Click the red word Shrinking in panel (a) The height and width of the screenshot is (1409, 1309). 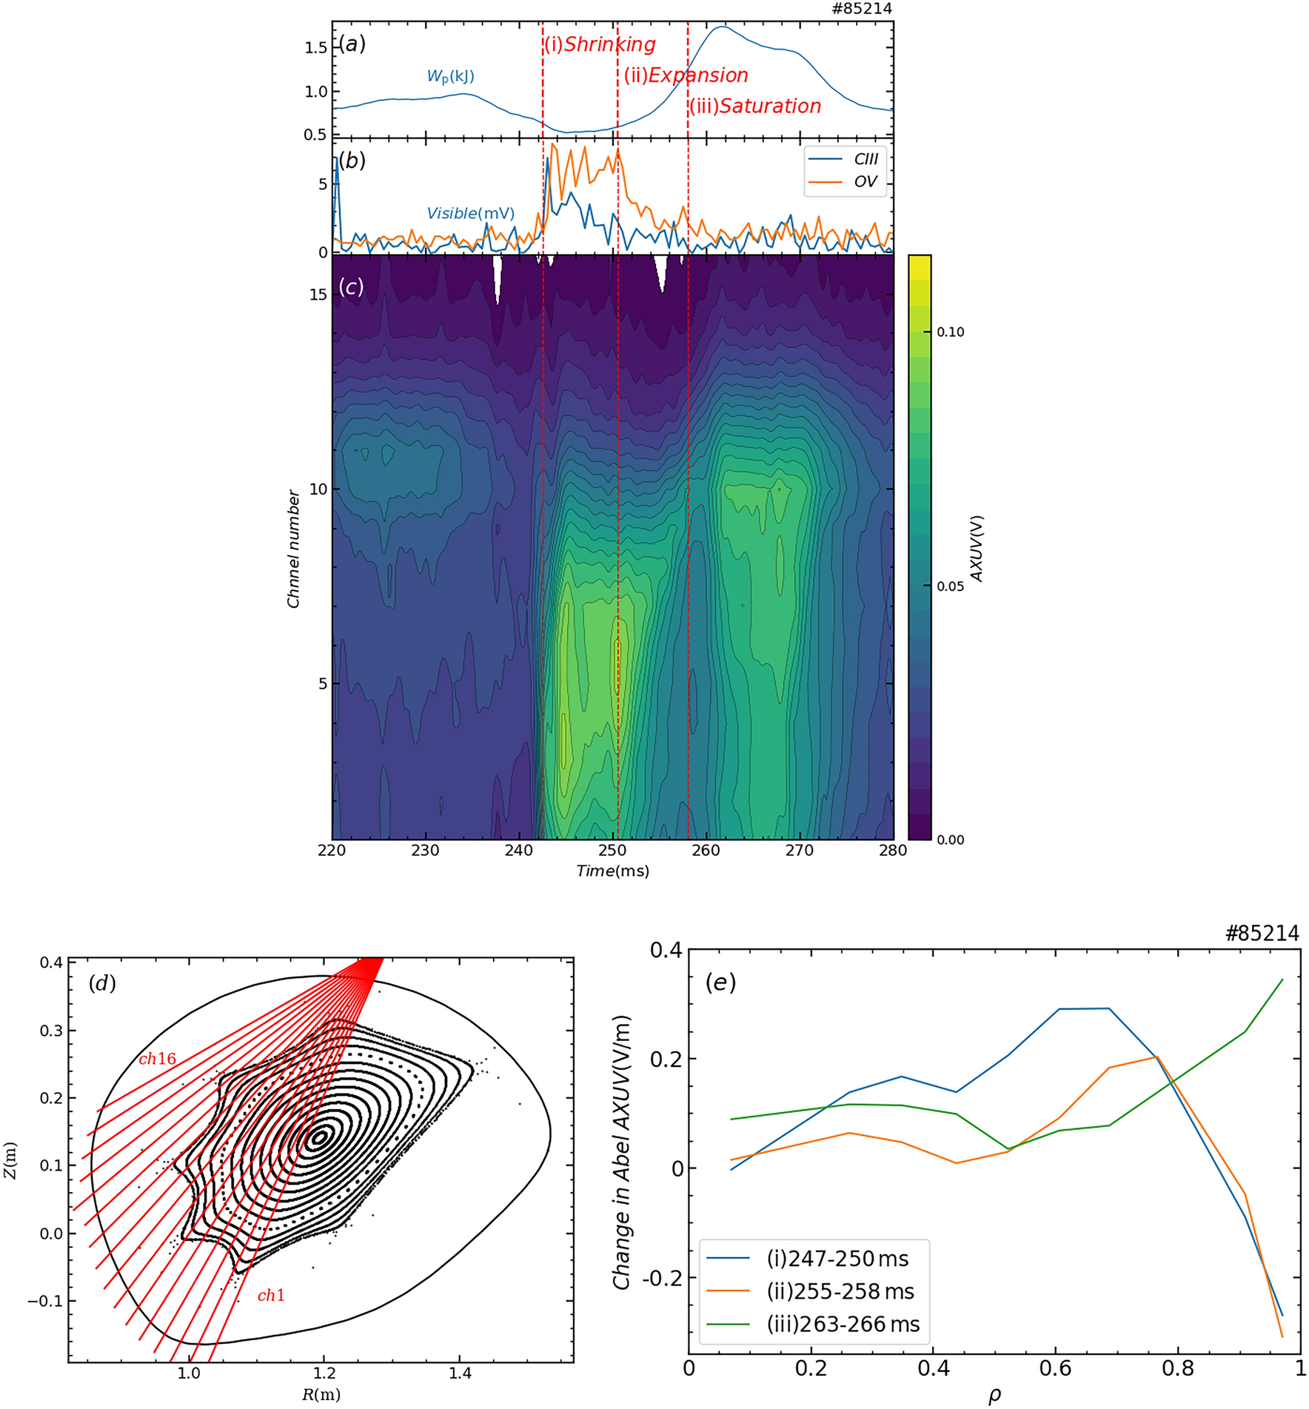tap(610, 44)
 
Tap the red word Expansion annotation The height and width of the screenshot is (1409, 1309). tap(698, 76)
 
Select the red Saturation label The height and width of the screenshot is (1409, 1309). tap(770, 107)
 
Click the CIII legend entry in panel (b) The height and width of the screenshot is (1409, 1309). tap(866, 159)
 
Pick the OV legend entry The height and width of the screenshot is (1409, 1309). tap(866, 182)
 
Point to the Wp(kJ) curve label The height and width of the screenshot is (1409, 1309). tap(450, 76)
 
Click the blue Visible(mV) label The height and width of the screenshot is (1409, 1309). tap(470, 214)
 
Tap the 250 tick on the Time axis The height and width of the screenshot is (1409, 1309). tap(612, 851)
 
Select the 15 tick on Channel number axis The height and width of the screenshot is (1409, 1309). tap(317, 295)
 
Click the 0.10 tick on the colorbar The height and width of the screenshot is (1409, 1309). tap(950, 332)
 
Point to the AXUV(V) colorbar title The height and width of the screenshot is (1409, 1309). tap(977, 548)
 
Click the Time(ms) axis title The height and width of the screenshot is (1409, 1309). tap(612, 871)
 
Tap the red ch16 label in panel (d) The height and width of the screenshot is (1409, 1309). tap(158, 1060)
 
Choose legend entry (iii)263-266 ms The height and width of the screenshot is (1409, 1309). tap(843, 1325)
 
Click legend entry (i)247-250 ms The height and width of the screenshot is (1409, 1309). tap(837, 1259)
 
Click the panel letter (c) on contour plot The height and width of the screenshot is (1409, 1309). tap(351, 287)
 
